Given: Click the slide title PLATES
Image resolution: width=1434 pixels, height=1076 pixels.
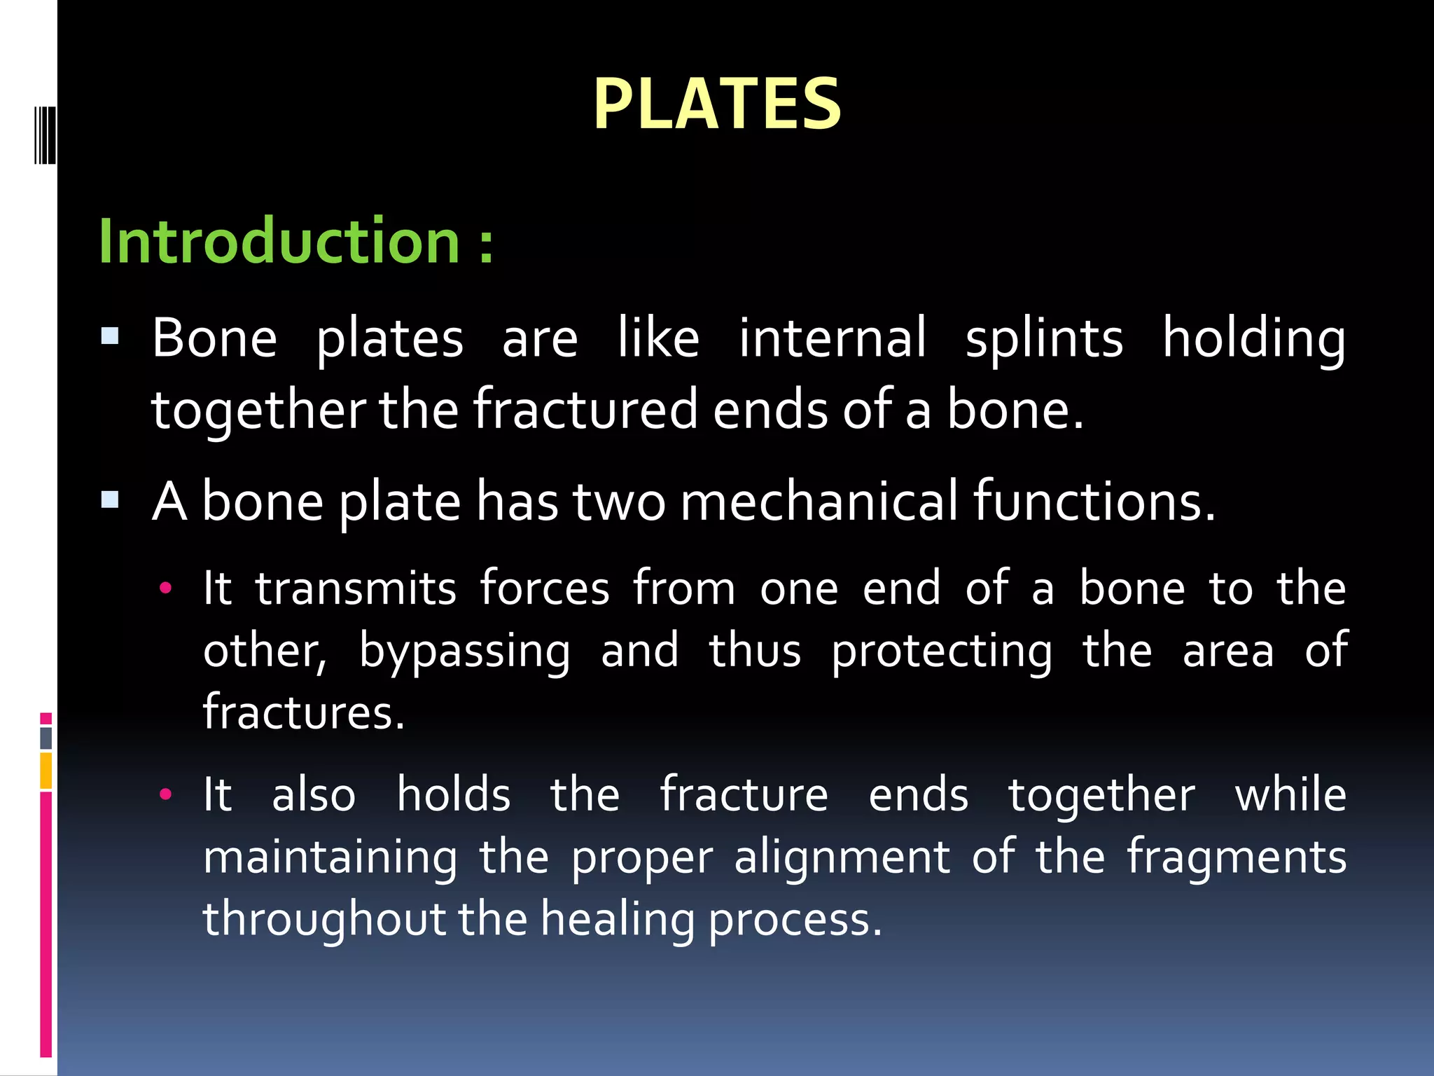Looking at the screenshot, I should pos(716,105).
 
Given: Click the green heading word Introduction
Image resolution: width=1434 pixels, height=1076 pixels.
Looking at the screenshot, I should pos(279,241).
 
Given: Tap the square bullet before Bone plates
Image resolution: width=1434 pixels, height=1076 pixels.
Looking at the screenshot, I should pos(110,337).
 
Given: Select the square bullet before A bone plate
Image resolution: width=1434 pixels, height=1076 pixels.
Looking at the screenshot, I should pos(110,500).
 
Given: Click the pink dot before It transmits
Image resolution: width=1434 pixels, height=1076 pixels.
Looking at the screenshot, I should pos(165,588).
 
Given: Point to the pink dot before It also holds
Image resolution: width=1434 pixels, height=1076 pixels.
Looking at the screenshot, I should pos(165,794).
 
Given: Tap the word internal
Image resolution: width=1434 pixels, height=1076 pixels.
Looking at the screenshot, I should pos(833,338).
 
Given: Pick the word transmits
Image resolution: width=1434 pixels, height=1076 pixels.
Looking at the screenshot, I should pos(356,588).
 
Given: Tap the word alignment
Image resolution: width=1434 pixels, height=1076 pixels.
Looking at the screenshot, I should pos(842,857).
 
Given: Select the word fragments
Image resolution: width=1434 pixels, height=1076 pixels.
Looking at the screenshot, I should pos(1237,857).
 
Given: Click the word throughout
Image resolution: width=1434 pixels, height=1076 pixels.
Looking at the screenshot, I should pos(324,919).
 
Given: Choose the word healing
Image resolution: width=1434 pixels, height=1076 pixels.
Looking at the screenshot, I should pos(618,919).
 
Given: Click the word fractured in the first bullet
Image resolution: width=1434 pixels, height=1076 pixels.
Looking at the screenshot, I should pos(585,410).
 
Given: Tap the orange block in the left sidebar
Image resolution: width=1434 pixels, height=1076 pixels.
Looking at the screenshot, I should pos(46,770).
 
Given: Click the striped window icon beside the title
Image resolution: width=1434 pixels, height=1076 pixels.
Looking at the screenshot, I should pos(45,134).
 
